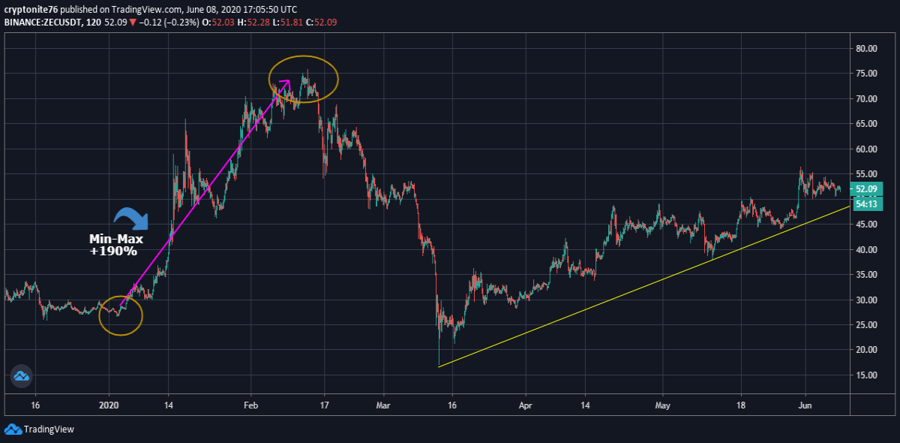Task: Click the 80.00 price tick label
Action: tap(867, 49)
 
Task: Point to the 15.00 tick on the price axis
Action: tap(867, 375)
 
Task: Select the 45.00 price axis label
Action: tap(867, 224)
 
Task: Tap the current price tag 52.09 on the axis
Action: tap(866, 189)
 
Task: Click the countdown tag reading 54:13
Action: tap(866, 204)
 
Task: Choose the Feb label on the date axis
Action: tap(250, 405)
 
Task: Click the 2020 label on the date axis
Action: tap(109, 405)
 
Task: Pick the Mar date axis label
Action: tap(383, 405)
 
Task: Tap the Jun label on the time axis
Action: tap(805, 405)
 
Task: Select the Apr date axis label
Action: tap(526, 405)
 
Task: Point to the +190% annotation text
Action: tap(113, 252)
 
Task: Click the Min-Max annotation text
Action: tap(116, 239)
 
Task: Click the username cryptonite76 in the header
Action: tap(31, 9)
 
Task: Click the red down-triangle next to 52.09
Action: tap(133, 23)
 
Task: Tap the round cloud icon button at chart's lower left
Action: tap(21, 376)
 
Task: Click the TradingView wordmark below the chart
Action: tap(49, 429)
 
